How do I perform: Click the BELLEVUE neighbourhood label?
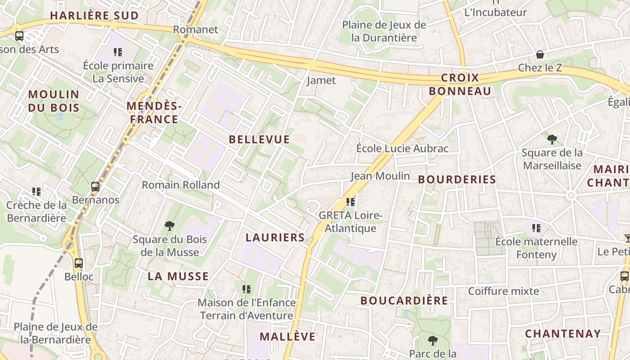tap(259, 139)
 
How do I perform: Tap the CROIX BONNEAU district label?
tap(460, 85)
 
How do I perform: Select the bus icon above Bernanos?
tap(95, 186)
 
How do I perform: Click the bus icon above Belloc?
tap(79, 263)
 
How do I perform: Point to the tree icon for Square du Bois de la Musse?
tap(170, 225)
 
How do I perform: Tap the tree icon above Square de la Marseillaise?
tap(552, 139)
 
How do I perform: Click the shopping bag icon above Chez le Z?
tap(540, 54)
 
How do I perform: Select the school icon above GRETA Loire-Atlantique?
tap(351, 202)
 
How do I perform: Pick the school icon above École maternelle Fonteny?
tap(536, 228)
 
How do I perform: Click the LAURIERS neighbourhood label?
tap(275, 238)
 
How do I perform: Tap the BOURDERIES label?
tap(457, 180)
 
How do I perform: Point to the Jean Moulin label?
tap(380, 176)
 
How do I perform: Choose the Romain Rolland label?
tap(181, 185)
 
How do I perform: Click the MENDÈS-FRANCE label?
tap(154, 112)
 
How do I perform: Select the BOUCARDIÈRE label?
tap(404, 301)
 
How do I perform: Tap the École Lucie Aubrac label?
tap(402, 148)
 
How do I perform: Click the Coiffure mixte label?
tap(504, 291)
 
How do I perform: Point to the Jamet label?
tap(321, 81)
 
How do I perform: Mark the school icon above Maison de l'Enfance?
tap(246, 289)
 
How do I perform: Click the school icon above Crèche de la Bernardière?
tap(36, 192)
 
